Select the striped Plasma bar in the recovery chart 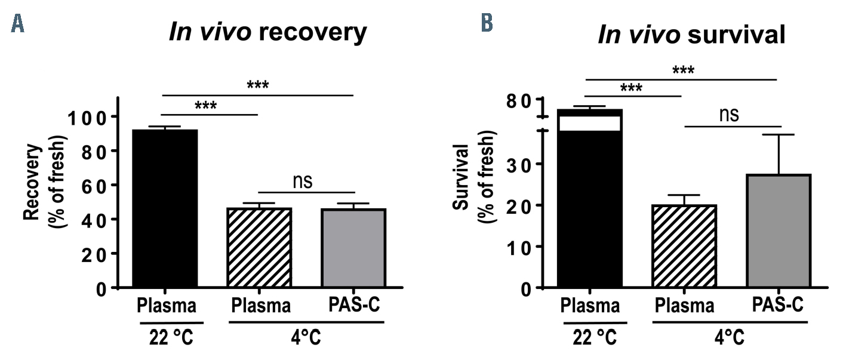259,248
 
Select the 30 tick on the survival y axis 520,164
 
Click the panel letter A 18,23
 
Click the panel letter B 487,23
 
